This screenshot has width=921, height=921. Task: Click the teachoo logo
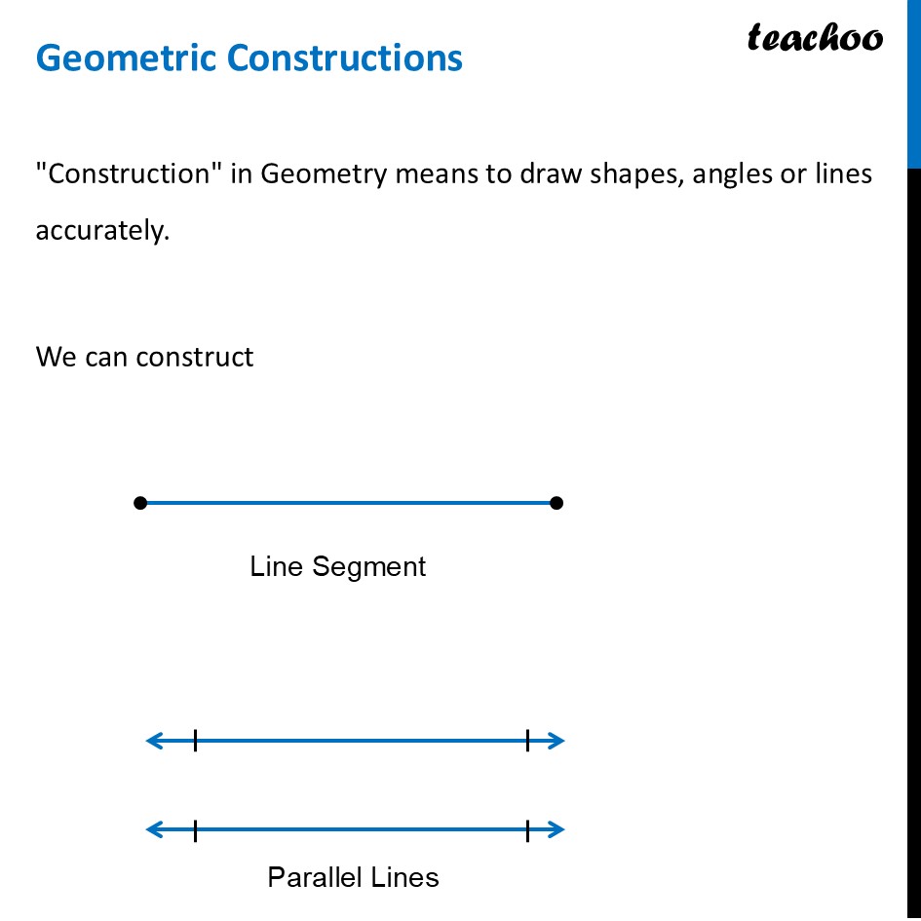(815, 38)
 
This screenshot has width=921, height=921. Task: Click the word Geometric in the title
(126, 58)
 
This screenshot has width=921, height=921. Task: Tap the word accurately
(102, 232)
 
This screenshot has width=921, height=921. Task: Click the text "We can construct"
(144, 357)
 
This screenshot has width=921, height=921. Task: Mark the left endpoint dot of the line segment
(140, 503)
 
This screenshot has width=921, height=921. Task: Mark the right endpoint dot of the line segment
(556, 503)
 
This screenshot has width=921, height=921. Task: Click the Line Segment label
(337, 566)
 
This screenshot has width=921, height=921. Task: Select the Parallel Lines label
(353, 877)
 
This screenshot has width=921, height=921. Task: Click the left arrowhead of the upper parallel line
(152, 742)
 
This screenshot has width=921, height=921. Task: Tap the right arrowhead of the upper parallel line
(557, 742)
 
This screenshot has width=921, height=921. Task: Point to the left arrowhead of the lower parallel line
(152, 830)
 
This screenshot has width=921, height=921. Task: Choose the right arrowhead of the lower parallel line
(557, 830)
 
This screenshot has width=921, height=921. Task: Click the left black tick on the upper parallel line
(195, 742)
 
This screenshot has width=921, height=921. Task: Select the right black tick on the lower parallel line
(527, 830)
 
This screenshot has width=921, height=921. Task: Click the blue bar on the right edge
(914, 83)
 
